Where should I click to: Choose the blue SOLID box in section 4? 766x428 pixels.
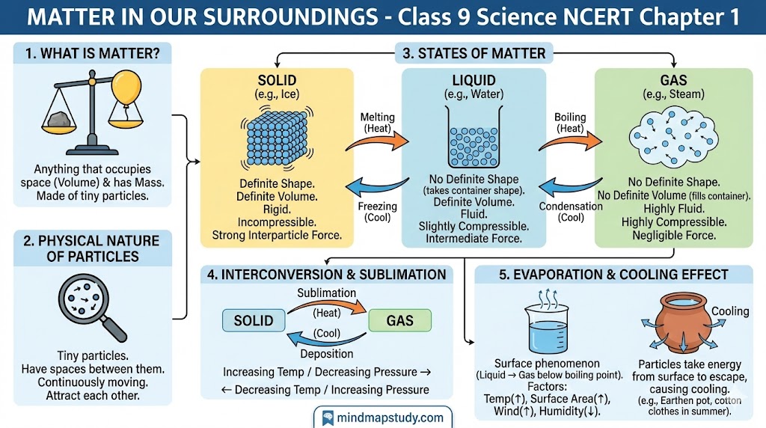254,320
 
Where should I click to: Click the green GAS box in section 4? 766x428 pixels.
400,320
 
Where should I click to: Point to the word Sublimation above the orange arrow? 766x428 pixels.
326,293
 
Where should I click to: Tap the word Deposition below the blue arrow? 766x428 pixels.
327,353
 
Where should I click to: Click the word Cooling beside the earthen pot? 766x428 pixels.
730,311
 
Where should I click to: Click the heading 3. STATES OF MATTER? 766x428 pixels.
474,53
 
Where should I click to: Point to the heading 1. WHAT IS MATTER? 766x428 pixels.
92,53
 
